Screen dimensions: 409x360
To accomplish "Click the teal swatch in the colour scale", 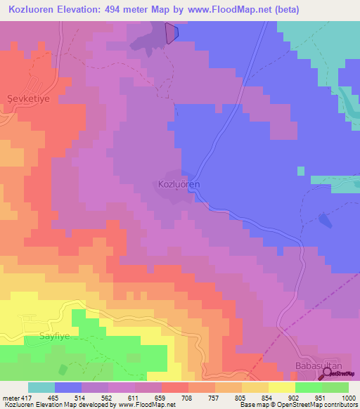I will (x=41, y=387).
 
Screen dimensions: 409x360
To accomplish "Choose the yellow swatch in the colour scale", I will (x=281, y=387).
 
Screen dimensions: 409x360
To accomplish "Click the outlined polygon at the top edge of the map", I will (x=172, y=33).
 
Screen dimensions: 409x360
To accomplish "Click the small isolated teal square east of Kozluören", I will (x=301, y=171).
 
